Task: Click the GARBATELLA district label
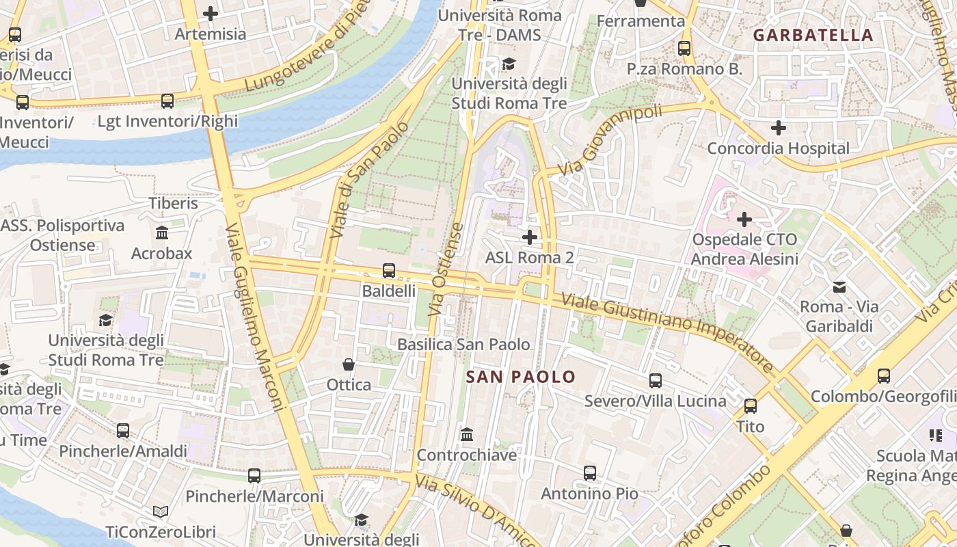click(x=813, y=36)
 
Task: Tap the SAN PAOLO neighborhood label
click(x=521, y=377)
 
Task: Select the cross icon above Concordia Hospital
click(x=778, y=128)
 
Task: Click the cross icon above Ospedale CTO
click(x=744, y=219)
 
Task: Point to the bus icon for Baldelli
click(x=389, y=271)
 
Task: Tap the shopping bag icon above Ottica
click(x=349, y=364)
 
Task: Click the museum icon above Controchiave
click(x=467, y=435)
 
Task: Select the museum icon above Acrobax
click(x=162, y=233)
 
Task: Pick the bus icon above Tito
click(x=751, y=406)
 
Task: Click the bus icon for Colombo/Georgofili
click(x=884, y=376)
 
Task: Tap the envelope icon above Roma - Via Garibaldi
click(x=839, y=286)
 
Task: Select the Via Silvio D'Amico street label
click(x=474, y=511)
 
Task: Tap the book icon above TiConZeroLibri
click(x=161, y=511)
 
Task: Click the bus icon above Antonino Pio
click(x=590, y=472)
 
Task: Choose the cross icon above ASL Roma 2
click(x=529, y=237)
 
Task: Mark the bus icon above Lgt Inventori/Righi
click(x=167, y=101)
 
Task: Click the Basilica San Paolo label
click(x=463, y=344)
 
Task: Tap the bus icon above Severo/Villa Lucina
click(x=656, y=381)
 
